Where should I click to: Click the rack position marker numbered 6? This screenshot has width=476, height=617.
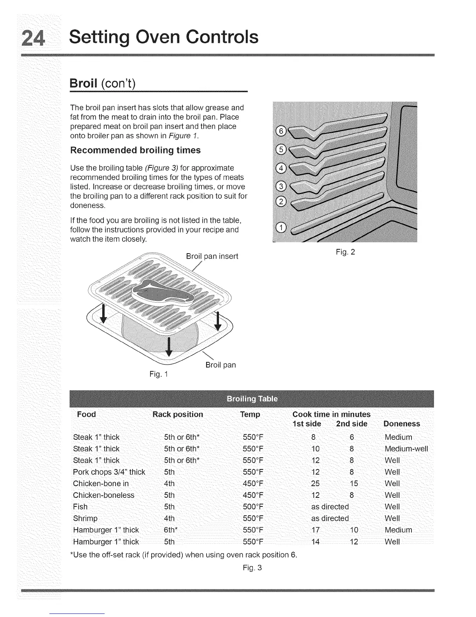point(280,131)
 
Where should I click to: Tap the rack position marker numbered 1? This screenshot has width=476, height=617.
point(280,228)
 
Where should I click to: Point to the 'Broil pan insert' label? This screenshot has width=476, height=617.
point(212,256)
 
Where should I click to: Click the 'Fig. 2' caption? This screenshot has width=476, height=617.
point(345,252)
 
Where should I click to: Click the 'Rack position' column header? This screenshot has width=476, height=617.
point(178,414)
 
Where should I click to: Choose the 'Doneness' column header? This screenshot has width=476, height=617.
point(402,424)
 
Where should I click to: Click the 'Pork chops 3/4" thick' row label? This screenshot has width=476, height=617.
point(109,472)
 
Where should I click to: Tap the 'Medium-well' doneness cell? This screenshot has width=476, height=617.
point(406,449)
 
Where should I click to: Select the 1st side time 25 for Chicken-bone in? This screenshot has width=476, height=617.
point(315,484)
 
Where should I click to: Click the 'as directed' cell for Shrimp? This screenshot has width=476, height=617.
point(330,518)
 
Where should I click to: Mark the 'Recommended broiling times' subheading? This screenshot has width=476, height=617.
point(135,150)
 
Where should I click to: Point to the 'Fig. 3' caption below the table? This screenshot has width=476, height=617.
point(252,568)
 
